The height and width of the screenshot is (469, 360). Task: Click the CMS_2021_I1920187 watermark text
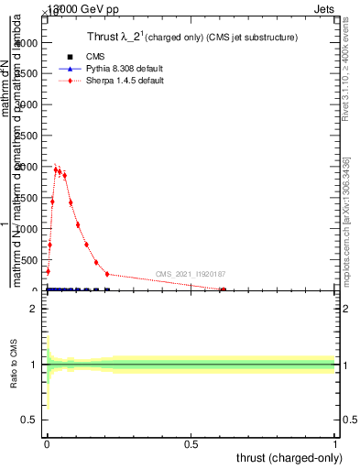(x=191, y=274)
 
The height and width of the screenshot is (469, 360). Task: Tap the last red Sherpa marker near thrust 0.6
(x=223, y=289)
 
